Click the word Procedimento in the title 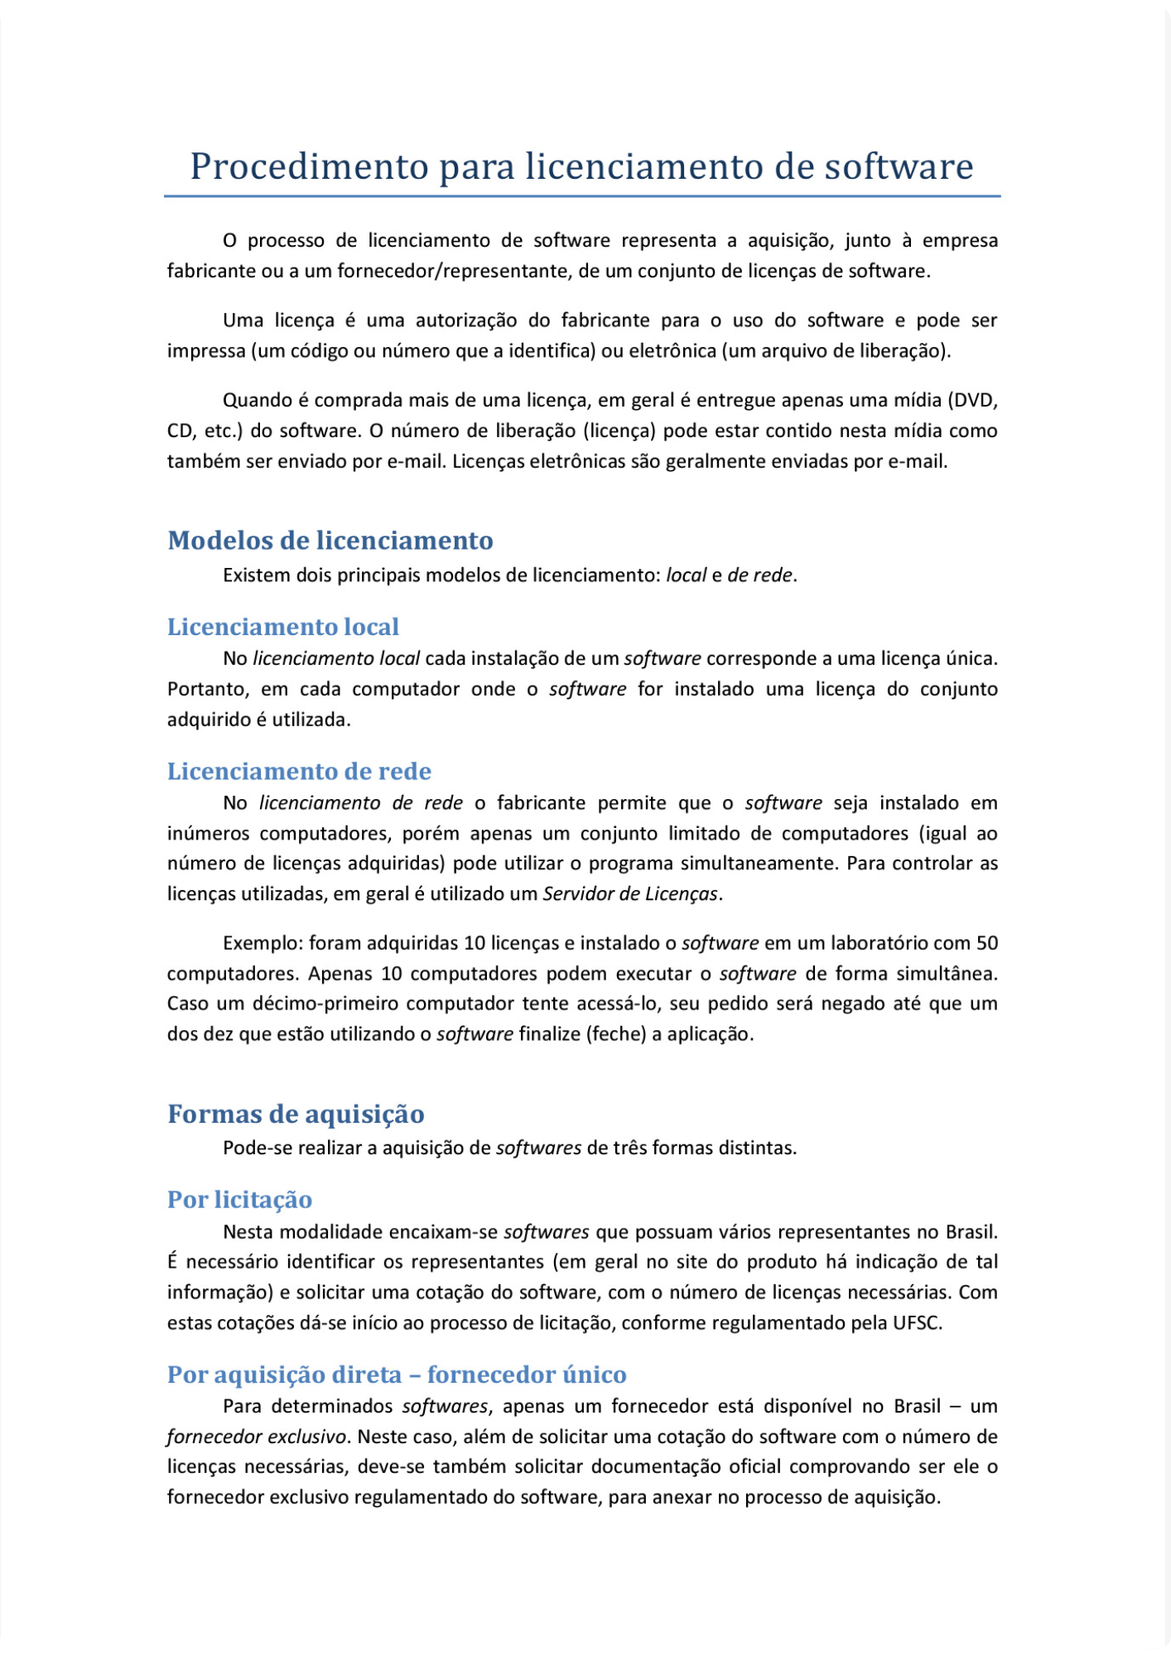point(309,166)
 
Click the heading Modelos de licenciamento point(330,541)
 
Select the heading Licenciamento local point(283,627)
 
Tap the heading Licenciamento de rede point(299,772)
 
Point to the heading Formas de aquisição point(296,1114)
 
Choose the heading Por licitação point(239,1200)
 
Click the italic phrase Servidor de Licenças point(630,894)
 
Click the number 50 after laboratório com point(987,943)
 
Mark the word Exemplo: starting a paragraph point(263,943)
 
